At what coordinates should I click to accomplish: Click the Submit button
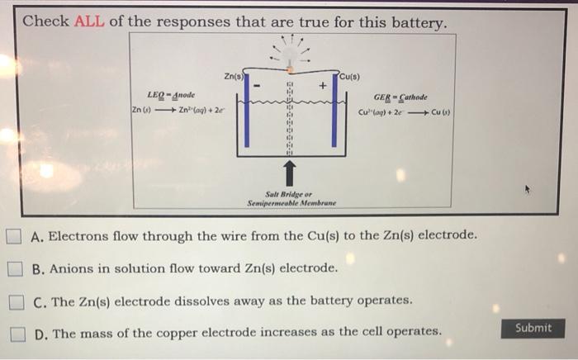[533, 328]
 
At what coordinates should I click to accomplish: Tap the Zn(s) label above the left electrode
[233, 77]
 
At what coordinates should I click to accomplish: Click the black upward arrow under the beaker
[289, 173]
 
